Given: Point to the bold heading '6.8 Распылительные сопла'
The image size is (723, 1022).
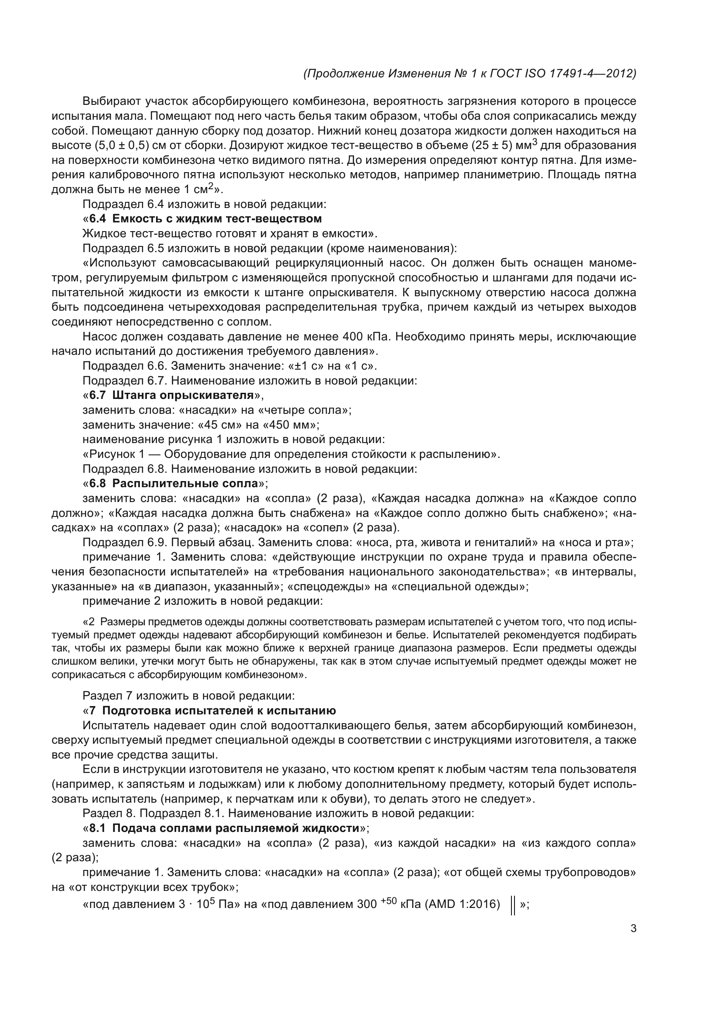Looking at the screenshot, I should click(x=174, y=483).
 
